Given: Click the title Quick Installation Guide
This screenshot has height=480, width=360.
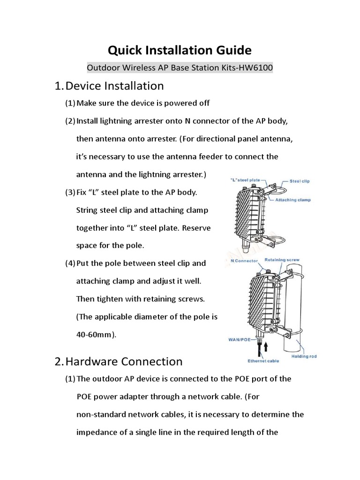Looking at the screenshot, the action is [x=180, y=50].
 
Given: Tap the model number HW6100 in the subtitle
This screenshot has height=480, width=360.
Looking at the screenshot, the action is [x=255, y=68].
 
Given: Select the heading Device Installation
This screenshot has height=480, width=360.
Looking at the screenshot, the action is [x=115, y=86].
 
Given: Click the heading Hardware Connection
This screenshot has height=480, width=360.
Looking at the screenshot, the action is [x=124, y=361].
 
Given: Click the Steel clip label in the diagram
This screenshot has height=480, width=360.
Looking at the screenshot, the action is [x=300, y=181].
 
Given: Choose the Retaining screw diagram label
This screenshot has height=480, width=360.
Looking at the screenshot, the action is [x=282, y=260].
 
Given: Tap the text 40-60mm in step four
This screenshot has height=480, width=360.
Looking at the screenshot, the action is [x=95, y=335].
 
